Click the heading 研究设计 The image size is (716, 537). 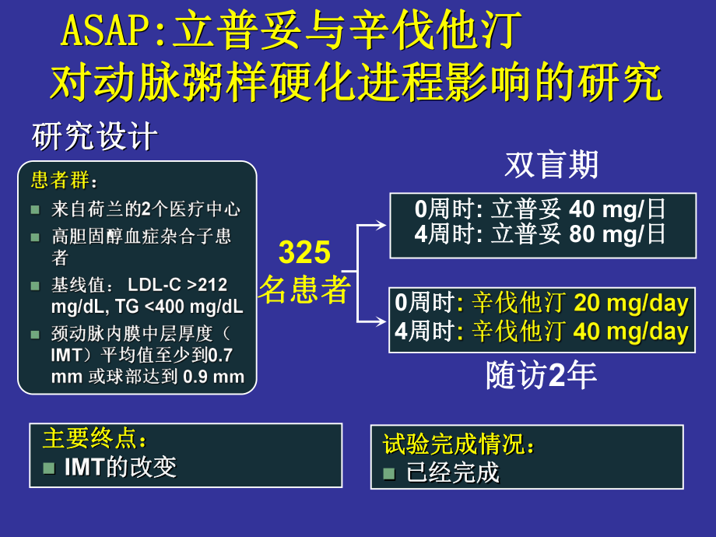point(94,138)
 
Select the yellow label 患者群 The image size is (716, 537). point(62,181)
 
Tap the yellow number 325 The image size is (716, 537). point(304,253)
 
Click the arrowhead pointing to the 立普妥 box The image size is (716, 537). point(381,225)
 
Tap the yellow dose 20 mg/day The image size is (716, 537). point(631,303)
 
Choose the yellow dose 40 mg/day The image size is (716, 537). point(631,332)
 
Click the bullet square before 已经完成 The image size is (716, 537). point(390,472)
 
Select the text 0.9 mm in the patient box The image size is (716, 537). point(213,377)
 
